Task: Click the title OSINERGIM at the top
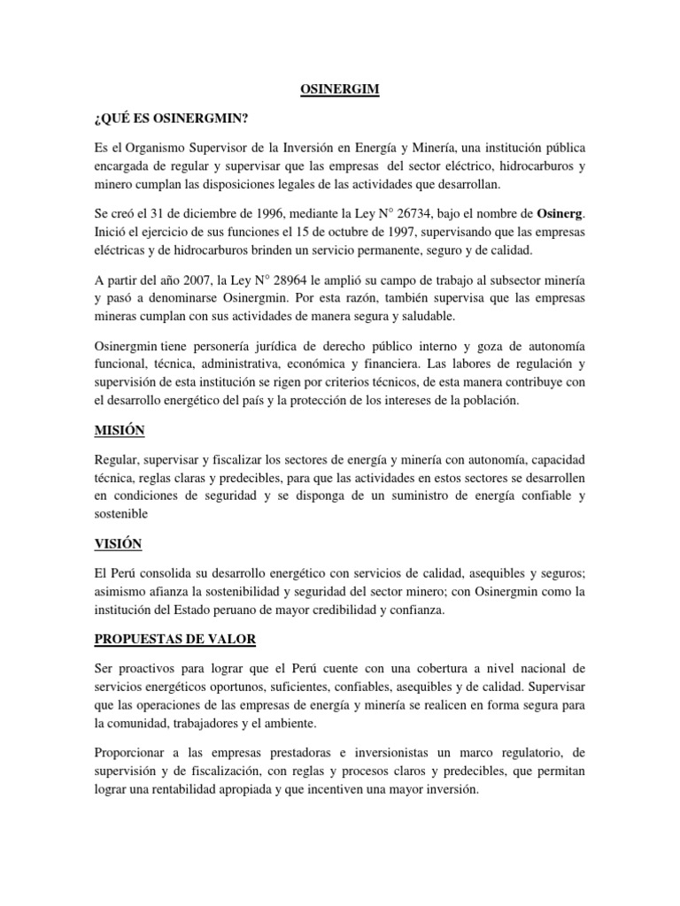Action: (340, 88)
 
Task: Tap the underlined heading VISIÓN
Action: (117, 542)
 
